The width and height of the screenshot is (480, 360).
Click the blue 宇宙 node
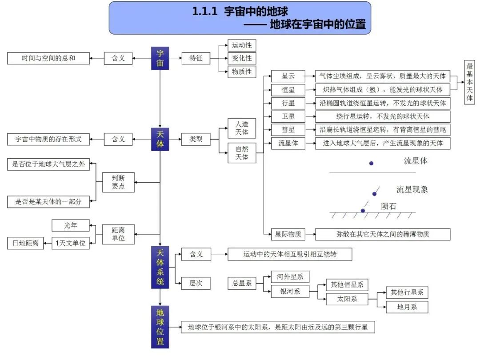tap(160, 58)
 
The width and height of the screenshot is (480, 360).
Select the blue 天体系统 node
tap(160, 267)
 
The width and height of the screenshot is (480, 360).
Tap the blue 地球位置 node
tap(160, 327)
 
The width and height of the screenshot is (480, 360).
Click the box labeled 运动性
tap(242, 45)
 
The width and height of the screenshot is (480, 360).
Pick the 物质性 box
tap(242, 72)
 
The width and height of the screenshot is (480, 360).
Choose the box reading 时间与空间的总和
tap(48, 58)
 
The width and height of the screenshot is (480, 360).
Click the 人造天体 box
tap(242, 128)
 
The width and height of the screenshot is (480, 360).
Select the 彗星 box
tap(288, 130)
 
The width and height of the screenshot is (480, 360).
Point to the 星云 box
tap(288, 76)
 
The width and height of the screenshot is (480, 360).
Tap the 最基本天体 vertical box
tap(469, 82)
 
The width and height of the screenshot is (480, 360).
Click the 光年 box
tap(70, 226)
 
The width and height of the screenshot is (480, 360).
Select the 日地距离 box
tap(26, 243)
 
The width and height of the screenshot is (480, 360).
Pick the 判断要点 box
tap(118, 182)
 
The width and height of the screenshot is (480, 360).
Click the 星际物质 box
tap(288, 234)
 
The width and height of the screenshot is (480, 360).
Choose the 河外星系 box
tap(290, 277)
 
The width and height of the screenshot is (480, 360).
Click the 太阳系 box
tap(347, 299)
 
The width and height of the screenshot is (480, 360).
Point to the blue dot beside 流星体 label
tap(371, 164)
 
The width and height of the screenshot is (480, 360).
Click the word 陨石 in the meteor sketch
tap(388, 206)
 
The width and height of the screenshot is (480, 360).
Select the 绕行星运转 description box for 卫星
tap(382, 116)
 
